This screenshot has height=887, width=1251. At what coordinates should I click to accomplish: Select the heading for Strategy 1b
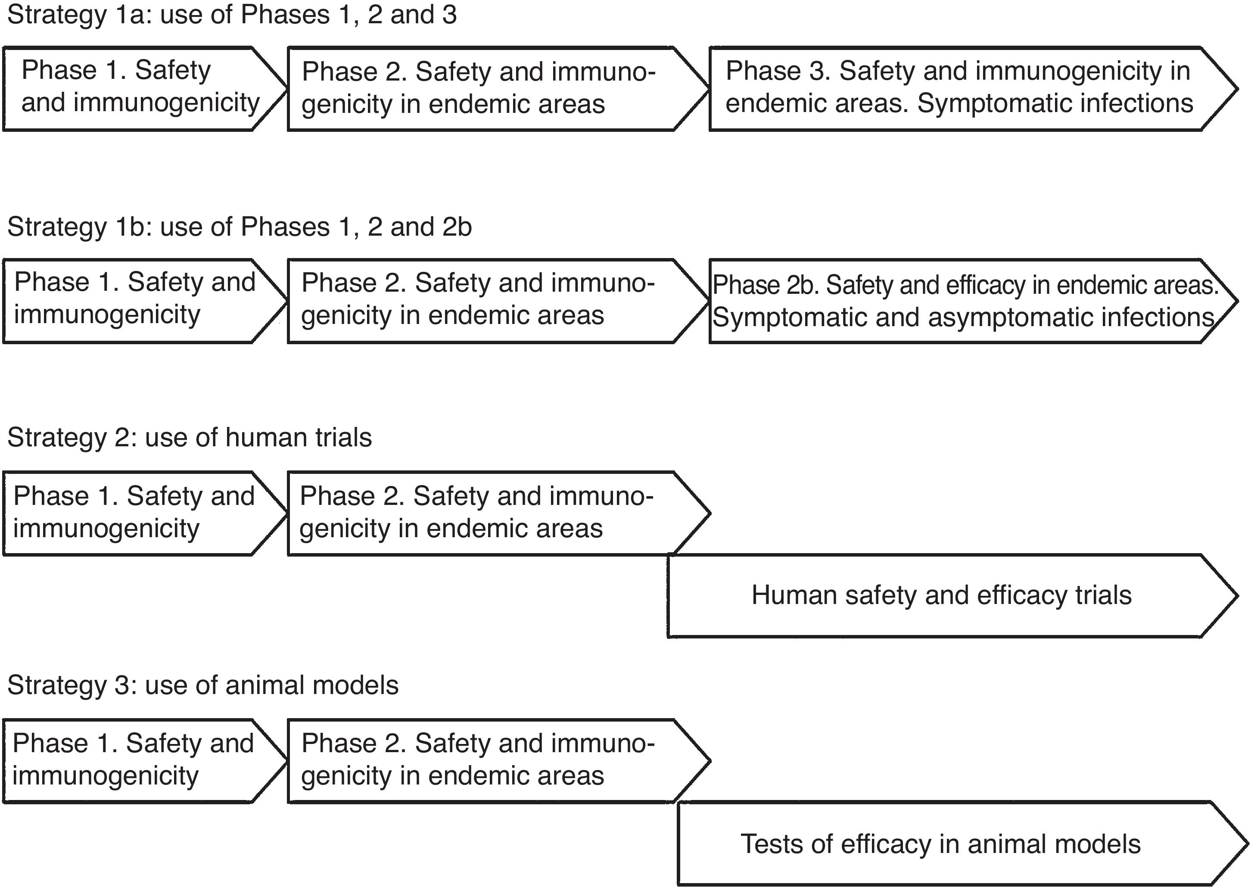point(239,227)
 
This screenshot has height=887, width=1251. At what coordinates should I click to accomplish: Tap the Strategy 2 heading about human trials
point(189,438)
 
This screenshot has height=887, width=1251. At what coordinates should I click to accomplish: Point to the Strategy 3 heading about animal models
point(202,685)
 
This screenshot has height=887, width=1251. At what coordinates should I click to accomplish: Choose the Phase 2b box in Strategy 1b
point(967,302)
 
